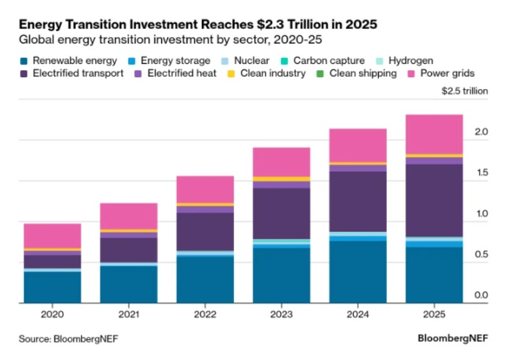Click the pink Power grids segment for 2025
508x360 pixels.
433,134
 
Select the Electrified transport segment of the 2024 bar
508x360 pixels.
357,201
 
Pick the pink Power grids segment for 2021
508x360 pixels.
129,216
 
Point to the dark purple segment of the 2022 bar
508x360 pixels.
205,231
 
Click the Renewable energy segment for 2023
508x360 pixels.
281,275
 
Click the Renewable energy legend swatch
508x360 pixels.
24,61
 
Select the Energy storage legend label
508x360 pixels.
175,61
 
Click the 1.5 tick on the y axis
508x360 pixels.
481,173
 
